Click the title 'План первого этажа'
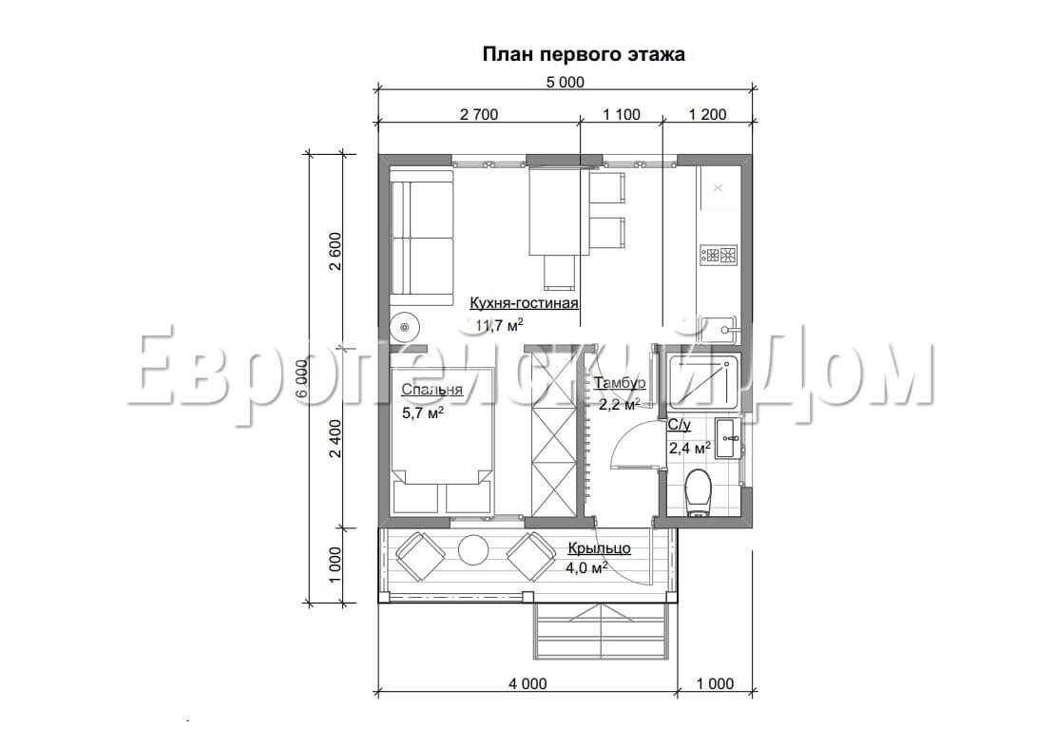(584, 54)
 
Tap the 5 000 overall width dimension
(565, 83)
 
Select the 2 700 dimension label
(479, 114)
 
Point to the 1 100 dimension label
(621, 114)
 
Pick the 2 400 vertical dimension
(336, 438)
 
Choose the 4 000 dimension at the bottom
(527, 684)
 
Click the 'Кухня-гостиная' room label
(524, 303)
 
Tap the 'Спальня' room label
(432, 390)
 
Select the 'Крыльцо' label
(599, 548)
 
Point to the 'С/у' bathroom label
(679, 425)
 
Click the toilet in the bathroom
(697, 492)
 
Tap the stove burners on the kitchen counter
(719, 255)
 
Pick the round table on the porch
(473, 550)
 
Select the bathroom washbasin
(726, 438)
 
